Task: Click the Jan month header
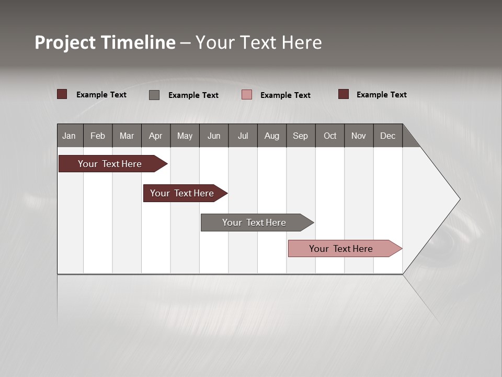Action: pyautogui.click(x=69, y=136)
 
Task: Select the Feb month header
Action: pyautogui.click(x=98, y=136)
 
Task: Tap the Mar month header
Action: pyautogui.click(x=127, y=136)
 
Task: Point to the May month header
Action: pyautogui.click(x=185, y=136)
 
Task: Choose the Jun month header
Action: pyautogui.click(x=214, y=136)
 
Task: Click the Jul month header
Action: pyautogui.click(x=243, y=136)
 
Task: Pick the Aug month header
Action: pyautogui.click(x=272, y=136)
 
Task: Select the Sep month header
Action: pyautogui.click(x=300, y=136)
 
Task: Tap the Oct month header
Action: pyautogui.click(x=330, y=136)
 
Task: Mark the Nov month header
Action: pyautogui.click(x=359, y=136)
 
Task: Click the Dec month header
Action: pyautogui.click(x=388, y=136)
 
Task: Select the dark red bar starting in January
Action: pyautogui.click(x=110, y=164)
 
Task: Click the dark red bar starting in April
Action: pyautogui.click(x=182, y=193)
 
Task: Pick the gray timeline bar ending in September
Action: pyautogui.click(x=254, y=223)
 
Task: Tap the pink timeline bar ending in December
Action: pyautogui.click(x=341, y=249)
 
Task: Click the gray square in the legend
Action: pyautogui.click(x=154, y=95)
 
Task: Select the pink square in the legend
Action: pyautogui.click(x=247, y=95)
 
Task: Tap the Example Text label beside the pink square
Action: pyautogui.click(x=285, y=95)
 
